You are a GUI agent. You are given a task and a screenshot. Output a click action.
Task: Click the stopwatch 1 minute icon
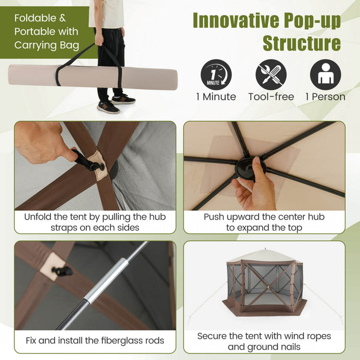(x=216, y=75)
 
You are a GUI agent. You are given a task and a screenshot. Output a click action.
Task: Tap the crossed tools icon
(x=271, y=75)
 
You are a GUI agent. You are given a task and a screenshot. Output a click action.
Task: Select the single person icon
(x=325, y=75)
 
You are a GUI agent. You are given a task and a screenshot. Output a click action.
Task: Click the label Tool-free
(x=271, y=97)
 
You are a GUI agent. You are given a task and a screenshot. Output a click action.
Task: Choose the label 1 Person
(x=325, y=97)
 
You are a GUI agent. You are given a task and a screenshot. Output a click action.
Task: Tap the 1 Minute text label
(x=216, y=97)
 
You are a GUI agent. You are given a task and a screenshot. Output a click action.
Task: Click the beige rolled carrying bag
(x=93, y=77)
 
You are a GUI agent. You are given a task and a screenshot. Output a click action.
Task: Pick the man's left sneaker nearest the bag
(x=108, y=107)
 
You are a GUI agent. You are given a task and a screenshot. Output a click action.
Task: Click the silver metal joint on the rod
(x=105, y=281)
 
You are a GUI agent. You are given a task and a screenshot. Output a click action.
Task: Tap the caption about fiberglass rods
(x=95, y=340)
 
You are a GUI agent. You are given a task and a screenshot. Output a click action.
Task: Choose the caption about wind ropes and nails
(x=264, y=341)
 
